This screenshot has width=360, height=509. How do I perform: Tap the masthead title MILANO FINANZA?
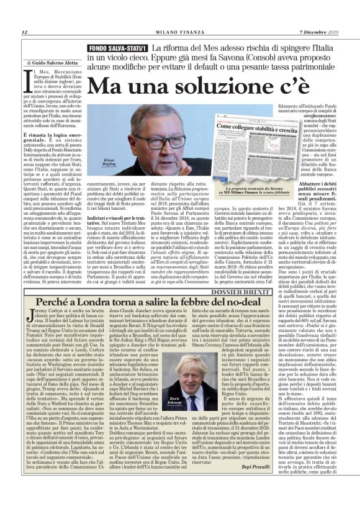pyautogui.click(x=179, y=32)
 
